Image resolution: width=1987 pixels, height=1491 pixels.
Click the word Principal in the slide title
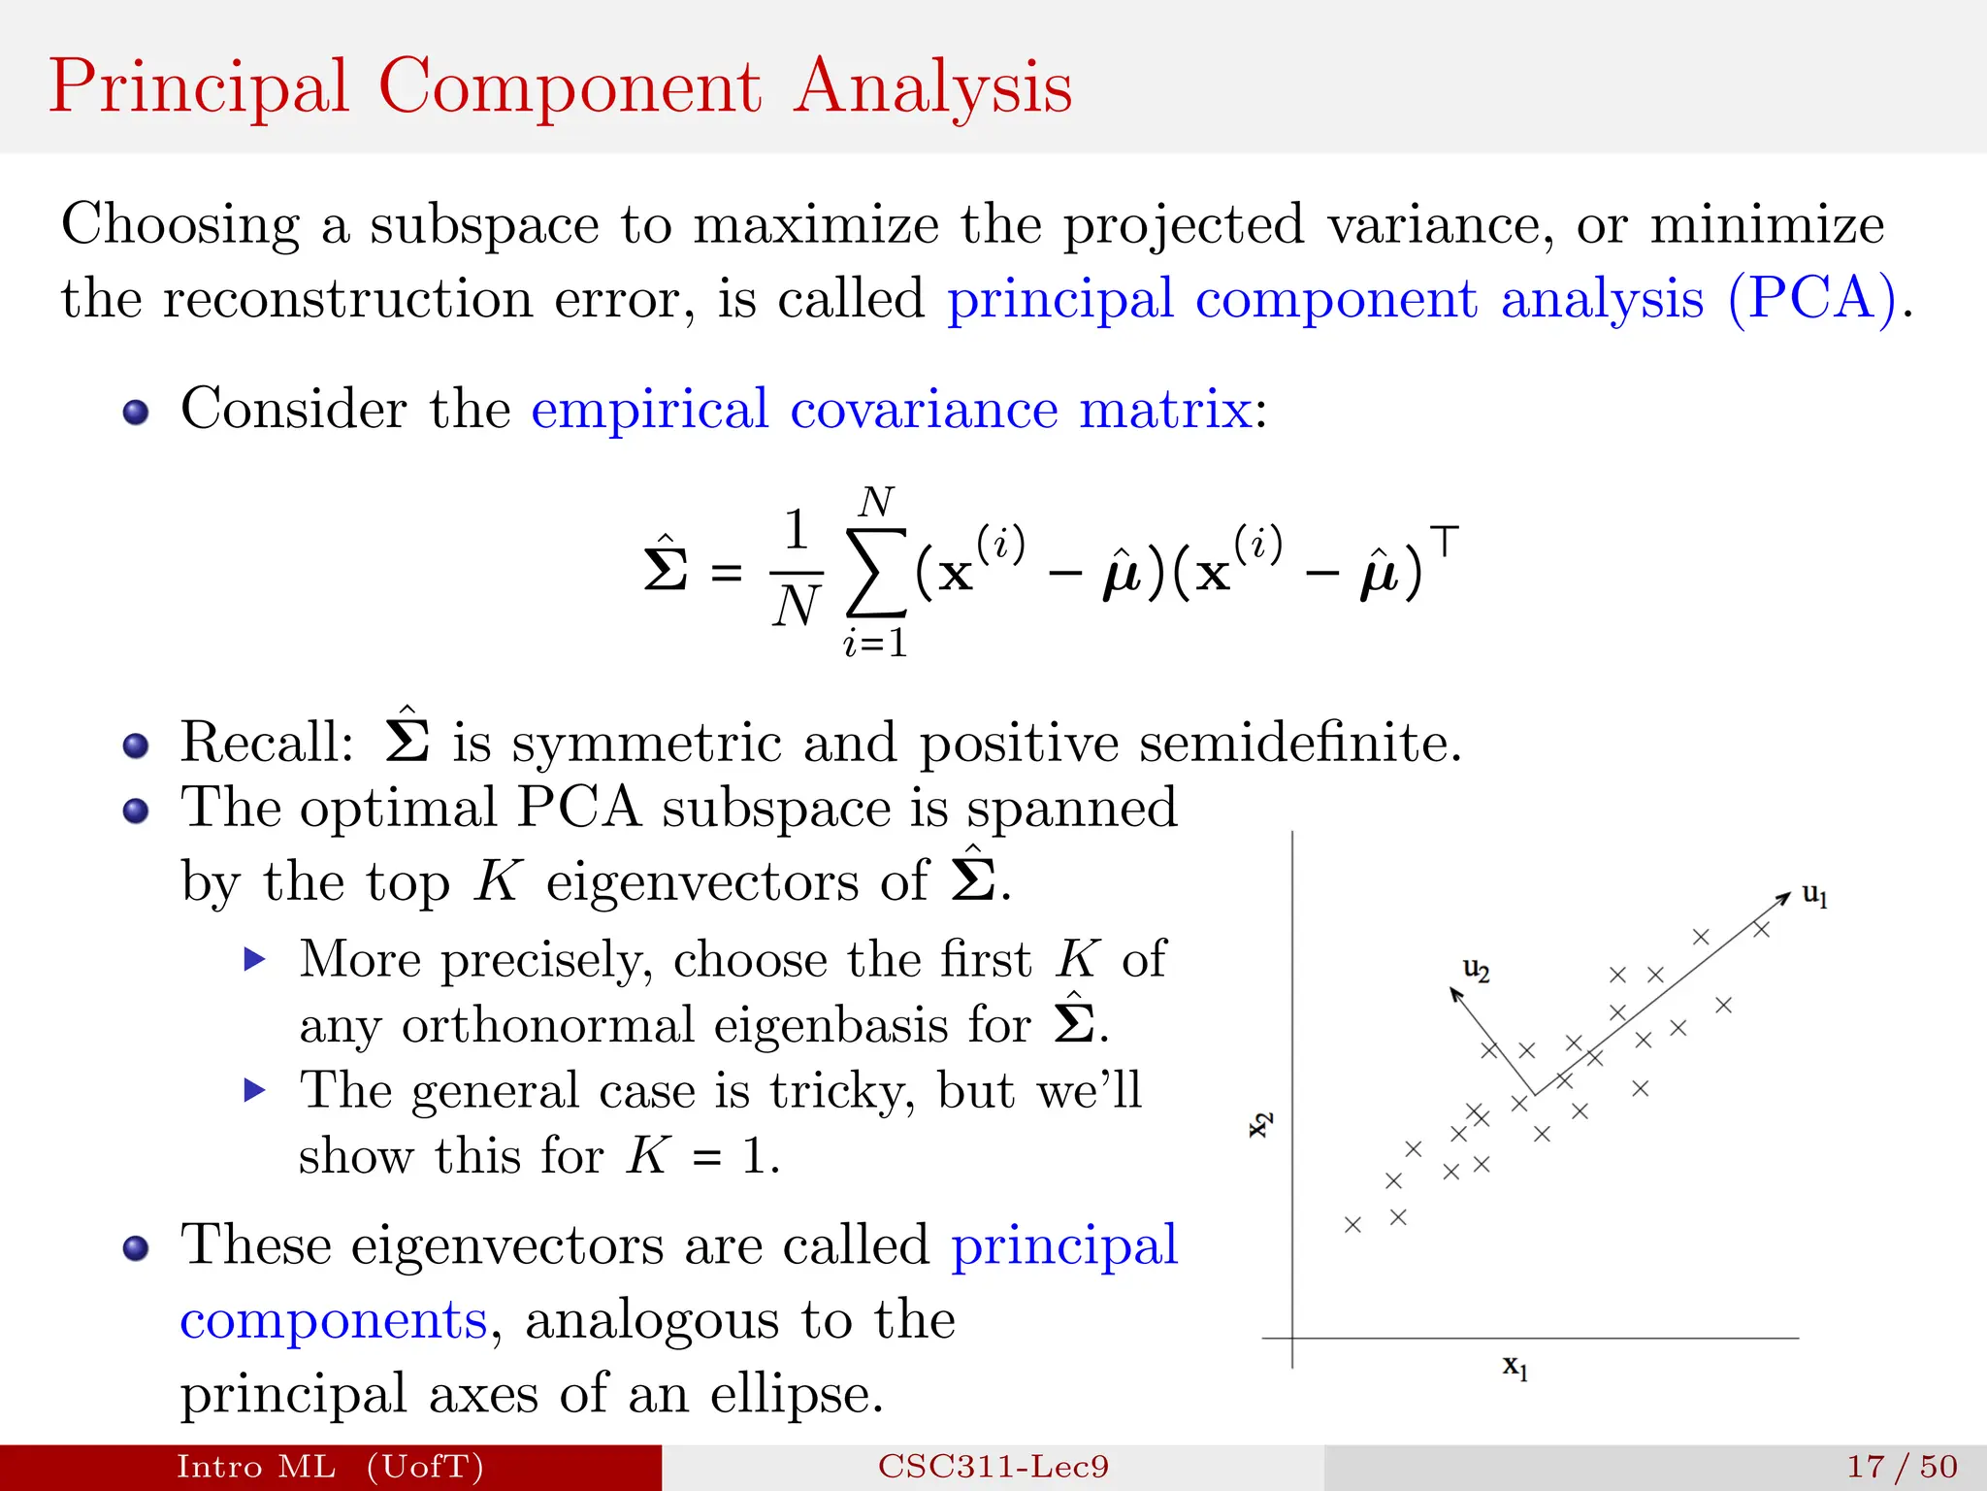coord(199,88)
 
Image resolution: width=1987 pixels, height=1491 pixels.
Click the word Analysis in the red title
coord(933,88)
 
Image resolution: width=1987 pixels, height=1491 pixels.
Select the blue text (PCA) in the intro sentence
coord(1812,298)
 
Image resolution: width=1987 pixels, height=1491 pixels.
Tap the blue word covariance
coord(923,409)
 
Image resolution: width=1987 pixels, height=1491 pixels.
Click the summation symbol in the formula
coord(876,574)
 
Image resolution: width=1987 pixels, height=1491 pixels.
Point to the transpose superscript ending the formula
coord(1444,541)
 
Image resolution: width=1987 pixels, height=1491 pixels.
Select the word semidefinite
coord(1300,744)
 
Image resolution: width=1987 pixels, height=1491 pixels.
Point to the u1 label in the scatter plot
coord(1814,895)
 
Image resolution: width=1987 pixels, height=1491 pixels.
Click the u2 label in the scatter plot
coord(1476,969)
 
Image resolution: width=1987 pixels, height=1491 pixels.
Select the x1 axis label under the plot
coord(1515,1368)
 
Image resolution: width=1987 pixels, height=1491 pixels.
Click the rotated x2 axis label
coord(1259,1124)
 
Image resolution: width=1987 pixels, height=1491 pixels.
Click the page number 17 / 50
coord(1902,1467)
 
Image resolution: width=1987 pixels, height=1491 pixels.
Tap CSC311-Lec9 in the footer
coord(993,1467)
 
